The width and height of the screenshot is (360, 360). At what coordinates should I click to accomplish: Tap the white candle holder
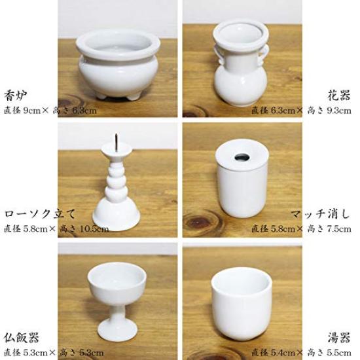pyautogui.click(x=115, y=190)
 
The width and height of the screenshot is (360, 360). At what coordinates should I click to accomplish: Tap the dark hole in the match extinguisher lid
pyautogui.click(x=242, y=157)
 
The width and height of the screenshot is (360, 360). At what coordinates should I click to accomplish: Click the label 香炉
pyautogui.click(x=16, y=93)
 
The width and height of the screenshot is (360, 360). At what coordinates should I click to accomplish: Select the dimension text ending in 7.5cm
pyautogui.click(x=301, y=228)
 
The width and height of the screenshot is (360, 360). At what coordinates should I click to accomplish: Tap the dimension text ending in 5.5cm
pyautogui.click(x=301, y=353)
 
